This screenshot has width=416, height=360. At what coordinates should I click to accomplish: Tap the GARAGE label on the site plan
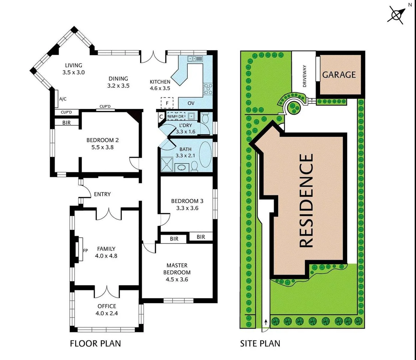click(x=339, y=74)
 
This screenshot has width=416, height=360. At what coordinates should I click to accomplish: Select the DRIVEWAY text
click(x=304, y=76)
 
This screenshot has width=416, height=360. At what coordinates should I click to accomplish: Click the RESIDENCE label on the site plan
click(x=306, y=200)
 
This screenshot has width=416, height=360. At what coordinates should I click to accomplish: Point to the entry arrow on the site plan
click(x=266, y=322)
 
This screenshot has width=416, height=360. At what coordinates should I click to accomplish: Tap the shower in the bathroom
click(x=168, y=164)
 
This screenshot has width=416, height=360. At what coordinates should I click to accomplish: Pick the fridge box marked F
click(x=167, y=103)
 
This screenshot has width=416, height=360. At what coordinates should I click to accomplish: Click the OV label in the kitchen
click(x=191, y=103)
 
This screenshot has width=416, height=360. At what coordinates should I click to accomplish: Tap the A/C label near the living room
click(x=63, y=99)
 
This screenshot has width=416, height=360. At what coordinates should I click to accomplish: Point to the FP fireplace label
click(x=85, y=250)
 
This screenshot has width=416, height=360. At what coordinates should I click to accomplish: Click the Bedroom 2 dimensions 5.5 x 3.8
click(x=103, y=147)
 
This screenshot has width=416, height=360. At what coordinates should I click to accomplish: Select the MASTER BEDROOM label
click(x=177, y=269)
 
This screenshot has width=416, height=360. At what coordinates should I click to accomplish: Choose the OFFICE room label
click(x=107, y=306)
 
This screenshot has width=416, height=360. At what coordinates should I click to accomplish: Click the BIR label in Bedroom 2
click(x=67, y=123)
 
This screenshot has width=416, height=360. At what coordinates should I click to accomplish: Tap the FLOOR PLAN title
click(x=95, y=343)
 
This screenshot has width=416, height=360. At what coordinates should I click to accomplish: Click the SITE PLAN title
click(x=260, y=343)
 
